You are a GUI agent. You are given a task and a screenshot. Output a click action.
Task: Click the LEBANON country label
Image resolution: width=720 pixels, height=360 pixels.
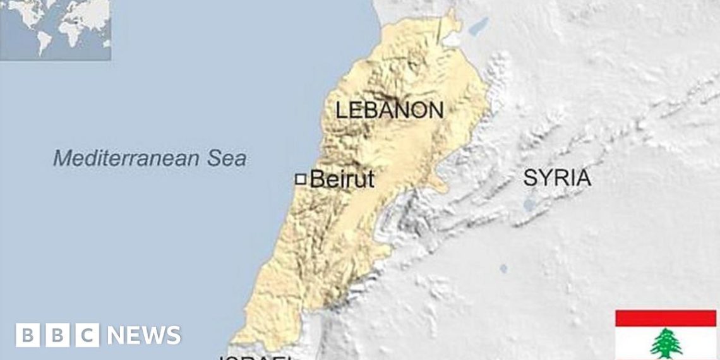pos(389,111)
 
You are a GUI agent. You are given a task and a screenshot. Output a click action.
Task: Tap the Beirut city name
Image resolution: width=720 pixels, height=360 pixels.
pos(342,179)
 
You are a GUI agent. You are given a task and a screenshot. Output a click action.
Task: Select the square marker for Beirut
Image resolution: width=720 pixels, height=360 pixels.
pos(301,179)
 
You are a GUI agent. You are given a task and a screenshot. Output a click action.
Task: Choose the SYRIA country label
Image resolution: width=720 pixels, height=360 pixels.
pos(557,178)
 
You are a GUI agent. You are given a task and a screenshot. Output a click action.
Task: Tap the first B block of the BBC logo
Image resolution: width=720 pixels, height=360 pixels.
pos(27,335)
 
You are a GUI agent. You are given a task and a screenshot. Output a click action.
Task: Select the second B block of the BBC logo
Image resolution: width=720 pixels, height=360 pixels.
pos(57,335)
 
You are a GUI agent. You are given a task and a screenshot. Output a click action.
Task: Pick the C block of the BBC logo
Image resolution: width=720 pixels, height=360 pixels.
pos(88,335)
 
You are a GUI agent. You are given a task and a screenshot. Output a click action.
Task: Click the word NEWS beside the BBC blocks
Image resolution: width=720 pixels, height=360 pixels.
pos(144,335)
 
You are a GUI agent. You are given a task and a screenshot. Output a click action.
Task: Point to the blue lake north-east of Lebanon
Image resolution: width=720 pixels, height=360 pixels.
pos(478,27)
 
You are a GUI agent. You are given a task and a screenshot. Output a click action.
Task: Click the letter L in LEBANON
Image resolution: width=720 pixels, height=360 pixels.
pos(342,111)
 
